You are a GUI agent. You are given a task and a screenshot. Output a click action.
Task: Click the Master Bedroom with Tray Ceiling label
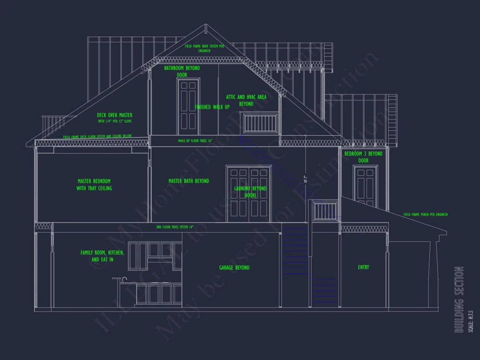point(94,185)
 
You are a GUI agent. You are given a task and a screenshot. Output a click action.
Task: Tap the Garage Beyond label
point(234,267)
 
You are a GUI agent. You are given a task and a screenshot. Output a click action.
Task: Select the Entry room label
point(363,267)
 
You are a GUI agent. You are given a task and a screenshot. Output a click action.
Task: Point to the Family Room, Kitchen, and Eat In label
point(102,256)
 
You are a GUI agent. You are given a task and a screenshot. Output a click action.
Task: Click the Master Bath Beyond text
point(189,181)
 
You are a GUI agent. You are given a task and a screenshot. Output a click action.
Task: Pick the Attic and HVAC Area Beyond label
point(246,100)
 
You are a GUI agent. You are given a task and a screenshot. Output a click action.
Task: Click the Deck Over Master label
point(114,115)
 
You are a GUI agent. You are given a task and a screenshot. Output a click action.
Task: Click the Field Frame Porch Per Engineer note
point(425,215)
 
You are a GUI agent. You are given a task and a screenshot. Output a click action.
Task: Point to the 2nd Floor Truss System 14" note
point(175,227)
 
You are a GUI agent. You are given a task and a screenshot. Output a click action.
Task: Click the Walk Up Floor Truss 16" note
point(195,141)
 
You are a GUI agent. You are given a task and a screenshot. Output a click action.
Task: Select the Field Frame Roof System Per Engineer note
point(204,48)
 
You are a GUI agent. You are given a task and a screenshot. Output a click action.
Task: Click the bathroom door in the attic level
point(189,107)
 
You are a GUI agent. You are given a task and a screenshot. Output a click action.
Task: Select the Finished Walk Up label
point(212,107)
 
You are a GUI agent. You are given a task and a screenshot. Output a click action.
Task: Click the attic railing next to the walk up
point(260,123)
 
